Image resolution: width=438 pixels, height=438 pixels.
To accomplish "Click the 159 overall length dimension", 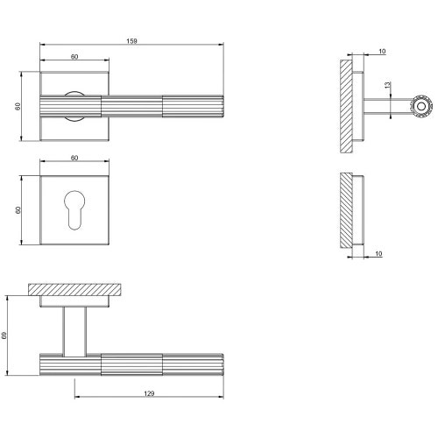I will [131, 41].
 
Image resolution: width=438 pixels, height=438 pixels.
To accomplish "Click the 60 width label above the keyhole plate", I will [74, 158].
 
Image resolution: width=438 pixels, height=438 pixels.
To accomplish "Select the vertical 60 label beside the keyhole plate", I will [18, 211].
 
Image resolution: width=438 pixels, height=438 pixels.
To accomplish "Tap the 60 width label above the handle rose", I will [74, 56].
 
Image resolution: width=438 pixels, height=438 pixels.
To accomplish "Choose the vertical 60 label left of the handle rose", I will [18, 107].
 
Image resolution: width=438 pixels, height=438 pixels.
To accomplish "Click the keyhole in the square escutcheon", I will [74, 211].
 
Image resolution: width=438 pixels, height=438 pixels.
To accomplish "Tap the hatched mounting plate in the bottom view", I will [74, 289].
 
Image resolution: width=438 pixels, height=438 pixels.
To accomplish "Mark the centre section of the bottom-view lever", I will [131, 364].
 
